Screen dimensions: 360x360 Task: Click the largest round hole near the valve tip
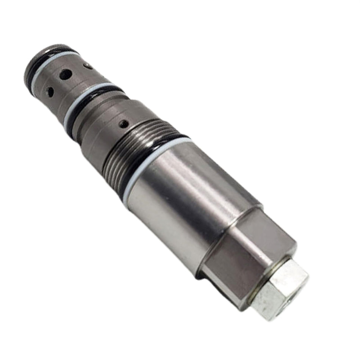[66, 74]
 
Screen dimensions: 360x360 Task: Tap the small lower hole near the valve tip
[50, 92]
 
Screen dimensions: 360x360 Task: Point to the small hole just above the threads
[124, 124]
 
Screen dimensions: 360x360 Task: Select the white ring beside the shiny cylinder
[152, 163]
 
